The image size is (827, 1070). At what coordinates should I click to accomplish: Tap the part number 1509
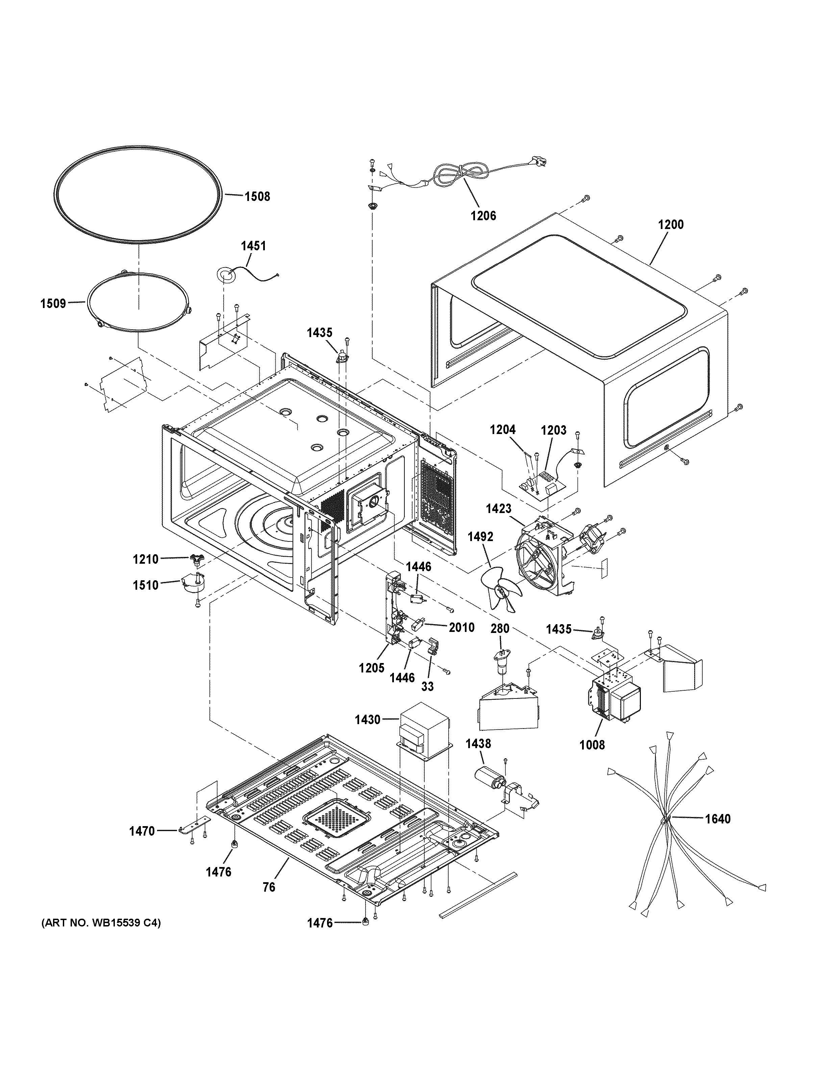53,303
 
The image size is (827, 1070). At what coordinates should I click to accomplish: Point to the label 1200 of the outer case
671,225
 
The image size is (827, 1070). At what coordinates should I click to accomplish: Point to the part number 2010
461,627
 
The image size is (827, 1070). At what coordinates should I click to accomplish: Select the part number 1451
253,246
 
